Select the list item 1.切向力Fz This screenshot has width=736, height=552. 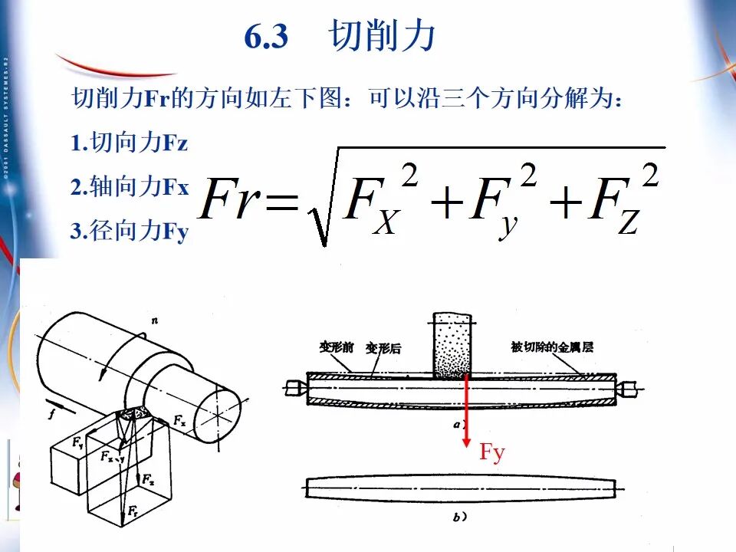pyautogui.click(x=129, y=143)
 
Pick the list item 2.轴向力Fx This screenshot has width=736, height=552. pyautogui.click(x=129, y=187)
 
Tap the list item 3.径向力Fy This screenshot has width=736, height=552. pyautogui.click(x=129, y=232)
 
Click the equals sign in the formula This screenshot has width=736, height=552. pyautogui.click(x=281, y=203)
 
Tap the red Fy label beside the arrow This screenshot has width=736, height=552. pyautogui.click(x=492, y=452)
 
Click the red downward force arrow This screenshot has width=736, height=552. pyautogui.click(x=465, y=414)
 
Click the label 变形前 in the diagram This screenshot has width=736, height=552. pyautogui.click(x=335, y=347)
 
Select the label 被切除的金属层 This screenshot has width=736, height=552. pyautogui.click(x=552, y=347)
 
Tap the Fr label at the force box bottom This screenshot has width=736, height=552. pyautogui.click(x=133, y=510)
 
